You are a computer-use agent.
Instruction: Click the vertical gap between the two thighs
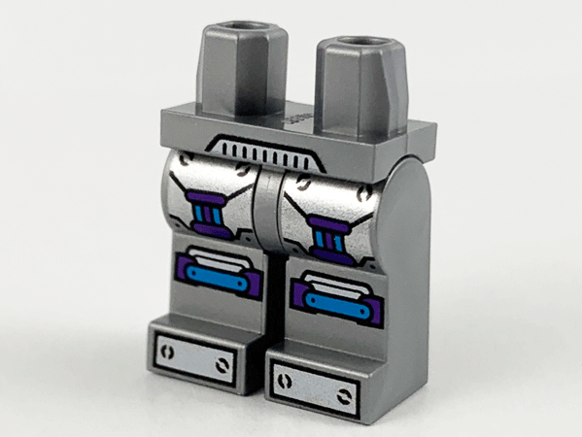[x=265, y=223]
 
